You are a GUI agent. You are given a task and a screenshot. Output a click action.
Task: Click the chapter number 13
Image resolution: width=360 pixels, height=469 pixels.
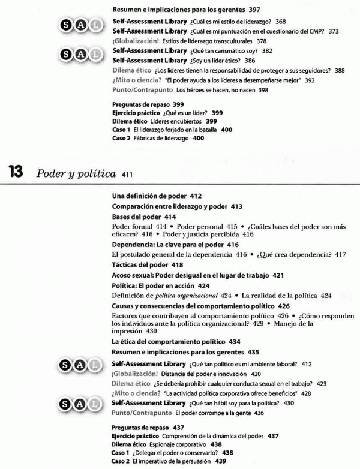click(x=15, y=172)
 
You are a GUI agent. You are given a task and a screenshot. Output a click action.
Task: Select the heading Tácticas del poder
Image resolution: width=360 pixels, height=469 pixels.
click(x=140, y=264)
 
